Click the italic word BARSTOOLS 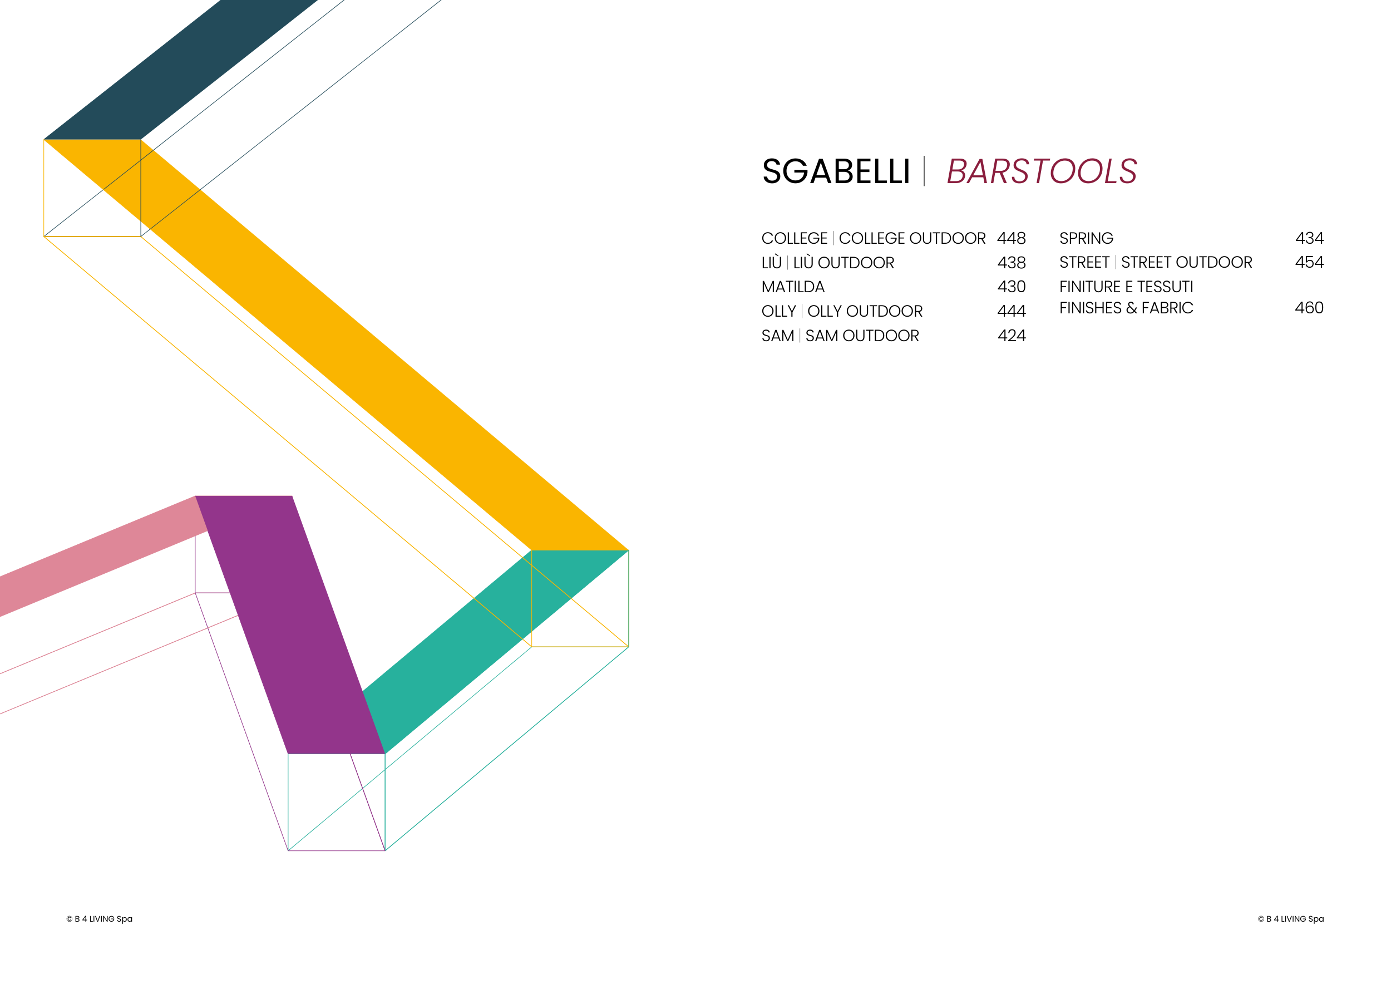1042,171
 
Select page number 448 1011,238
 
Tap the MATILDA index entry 792,287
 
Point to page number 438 1011,262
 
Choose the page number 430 1011,287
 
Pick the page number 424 1011,336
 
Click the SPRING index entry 1086,238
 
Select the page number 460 1309,308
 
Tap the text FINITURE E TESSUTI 1126,287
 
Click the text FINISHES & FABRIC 1126,308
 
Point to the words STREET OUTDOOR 1186,262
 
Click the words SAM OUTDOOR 862,336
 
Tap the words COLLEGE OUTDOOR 912,238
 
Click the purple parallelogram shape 289,624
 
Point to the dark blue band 180,70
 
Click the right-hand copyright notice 1290,918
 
